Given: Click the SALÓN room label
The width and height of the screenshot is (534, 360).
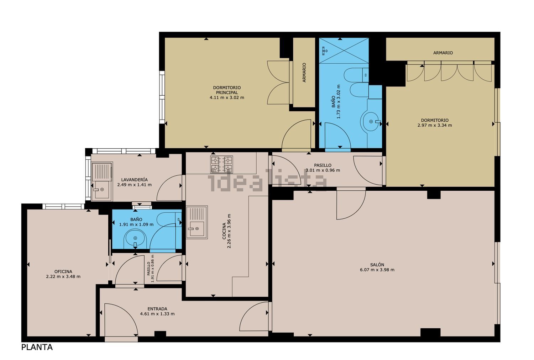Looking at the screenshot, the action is tap(377, 265).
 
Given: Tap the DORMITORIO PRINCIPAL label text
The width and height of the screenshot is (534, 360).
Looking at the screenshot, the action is tap(227, 90).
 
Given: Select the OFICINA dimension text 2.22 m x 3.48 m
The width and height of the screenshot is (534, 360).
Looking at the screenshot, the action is tap(63, 277).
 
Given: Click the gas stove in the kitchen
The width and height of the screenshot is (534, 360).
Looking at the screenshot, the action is tap(221, 164).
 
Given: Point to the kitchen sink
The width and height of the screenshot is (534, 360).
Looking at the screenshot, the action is tap(197, 222).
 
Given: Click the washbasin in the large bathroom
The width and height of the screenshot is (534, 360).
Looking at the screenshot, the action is tap(371, 122).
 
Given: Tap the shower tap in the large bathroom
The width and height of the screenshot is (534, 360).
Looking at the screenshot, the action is tap(324, 50).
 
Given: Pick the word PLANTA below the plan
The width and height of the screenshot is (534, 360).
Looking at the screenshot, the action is tap(37, 348).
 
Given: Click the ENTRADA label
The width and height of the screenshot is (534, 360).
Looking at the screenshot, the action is tap(157, 309).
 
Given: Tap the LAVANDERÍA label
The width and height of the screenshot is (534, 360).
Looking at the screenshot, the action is tap(135, 180).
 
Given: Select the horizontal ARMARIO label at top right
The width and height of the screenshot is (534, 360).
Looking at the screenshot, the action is tap(443, 53).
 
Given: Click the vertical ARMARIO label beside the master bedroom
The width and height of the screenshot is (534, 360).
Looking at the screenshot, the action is tap(304, 73).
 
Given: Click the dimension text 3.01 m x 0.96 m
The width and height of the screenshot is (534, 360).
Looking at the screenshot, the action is tap(323, 170).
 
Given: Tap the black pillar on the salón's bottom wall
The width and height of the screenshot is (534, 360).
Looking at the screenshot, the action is tap(430, 332).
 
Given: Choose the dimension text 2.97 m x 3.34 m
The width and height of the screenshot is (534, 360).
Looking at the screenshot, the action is tap(435, 125).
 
